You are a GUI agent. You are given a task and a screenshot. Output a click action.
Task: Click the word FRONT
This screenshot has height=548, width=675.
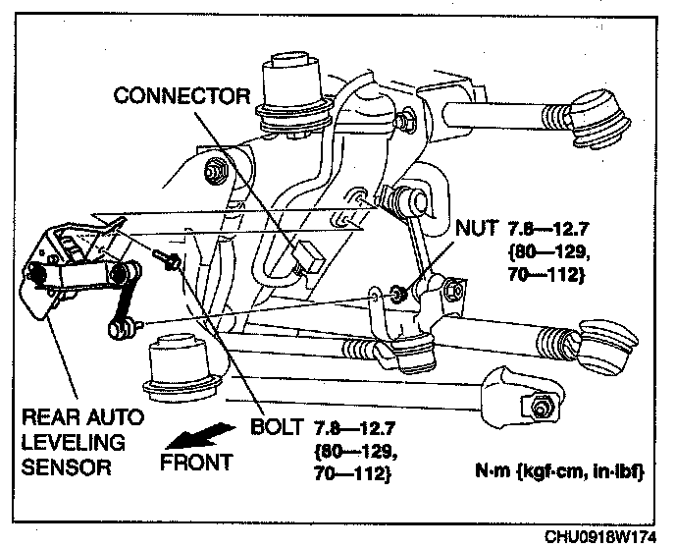[x=197, y=461]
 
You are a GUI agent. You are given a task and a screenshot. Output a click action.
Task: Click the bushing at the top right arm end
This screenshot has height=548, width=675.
[x=598, y=115]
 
